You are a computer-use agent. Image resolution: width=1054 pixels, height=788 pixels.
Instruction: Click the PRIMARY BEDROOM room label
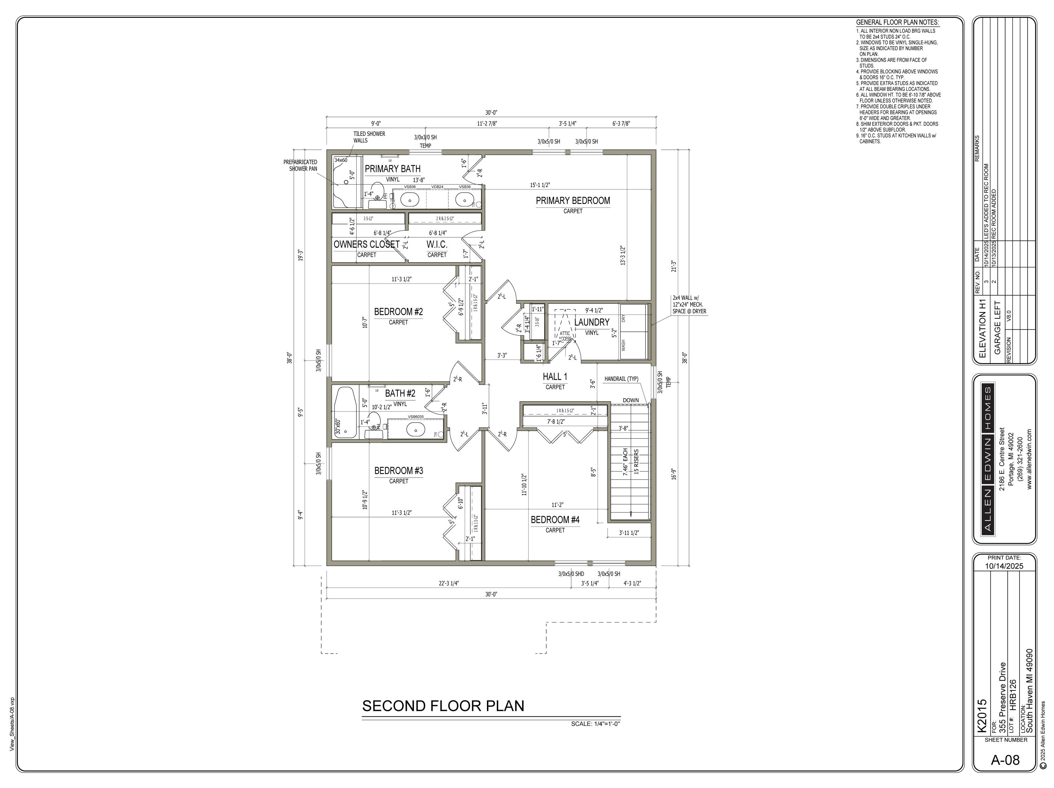pos(573,201)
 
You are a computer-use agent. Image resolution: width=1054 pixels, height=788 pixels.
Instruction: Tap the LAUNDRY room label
pos(591,322)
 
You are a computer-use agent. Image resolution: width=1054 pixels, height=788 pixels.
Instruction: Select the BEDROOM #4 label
pos(555,519)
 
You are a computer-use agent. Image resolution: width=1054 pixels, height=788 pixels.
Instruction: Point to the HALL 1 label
pos(555,377)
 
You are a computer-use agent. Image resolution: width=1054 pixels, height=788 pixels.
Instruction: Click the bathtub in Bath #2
pos(345,412)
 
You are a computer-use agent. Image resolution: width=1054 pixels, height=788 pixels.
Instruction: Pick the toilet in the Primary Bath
pos(377,191)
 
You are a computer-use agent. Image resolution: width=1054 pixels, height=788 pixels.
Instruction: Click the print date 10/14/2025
pos(1004,566)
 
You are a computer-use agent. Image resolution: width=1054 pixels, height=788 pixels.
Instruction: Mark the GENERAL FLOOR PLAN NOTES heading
pos(897,22)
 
